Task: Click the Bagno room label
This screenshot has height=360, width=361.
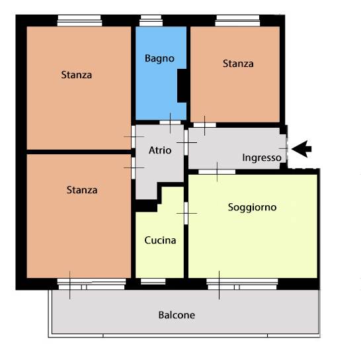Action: click(x=159, y=58)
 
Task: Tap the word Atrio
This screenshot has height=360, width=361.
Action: click(x=160, y=150)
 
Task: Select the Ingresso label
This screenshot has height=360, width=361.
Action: click(x=262, y=158)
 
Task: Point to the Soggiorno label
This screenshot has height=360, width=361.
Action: click(x=252, y=207)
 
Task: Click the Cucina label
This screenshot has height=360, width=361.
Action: click(x=160, y=240)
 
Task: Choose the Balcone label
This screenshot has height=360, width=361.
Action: click(x=177, y=315)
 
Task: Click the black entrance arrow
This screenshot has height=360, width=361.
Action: click(x=301, y=149)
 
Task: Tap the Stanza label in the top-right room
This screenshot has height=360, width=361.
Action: click(x=238, y=64)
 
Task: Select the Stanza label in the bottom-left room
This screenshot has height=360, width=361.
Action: click(x=82, y=190)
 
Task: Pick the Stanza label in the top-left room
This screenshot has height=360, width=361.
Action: click(x=77, y=75)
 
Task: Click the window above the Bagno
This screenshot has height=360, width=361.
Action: click(x=151, y=21)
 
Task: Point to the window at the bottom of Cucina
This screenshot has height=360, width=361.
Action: click(x=153, y=281)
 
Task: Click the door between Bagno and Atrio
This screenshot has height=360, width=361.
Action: click(x=170, y=122)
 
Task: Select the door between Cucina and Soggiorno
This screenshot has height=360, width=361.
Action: click(x=186, y=213)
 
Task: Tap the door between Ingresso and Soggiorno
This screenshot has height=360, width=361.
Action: click(x=217, y=172)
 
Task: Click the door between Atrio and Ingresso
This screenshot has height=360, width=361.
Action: click(x=186, y=143)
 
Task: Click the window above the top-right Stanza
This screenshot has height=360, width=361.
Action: click(x=237, y=21)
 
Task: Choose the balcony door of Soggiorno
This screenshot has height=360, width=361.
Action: click(x=242, y=284)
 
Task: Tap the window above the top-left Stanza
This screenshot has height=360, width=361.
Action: click(x=79, y=21)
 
